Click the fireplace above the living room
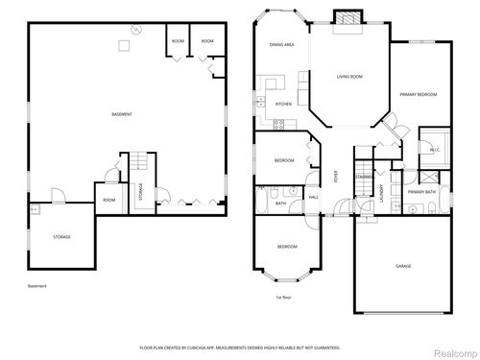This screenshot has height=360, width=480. pos(345,17)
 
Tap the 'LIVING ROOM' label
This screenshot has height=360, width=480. pos(348,75)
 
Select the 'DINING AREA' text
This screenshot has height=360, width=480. pos(281,43)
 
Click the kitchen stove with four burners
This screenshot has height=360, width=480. pos(278,123)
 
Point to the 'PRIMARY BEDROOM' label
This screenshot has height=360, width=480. pos(419,95)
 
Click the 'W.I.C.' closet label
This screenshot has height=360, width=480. pos(433,150)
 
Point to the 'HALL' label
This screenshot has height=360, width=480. pos(314,197)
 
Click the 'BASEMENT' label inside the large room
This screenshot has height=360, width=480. pos(121,114)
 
